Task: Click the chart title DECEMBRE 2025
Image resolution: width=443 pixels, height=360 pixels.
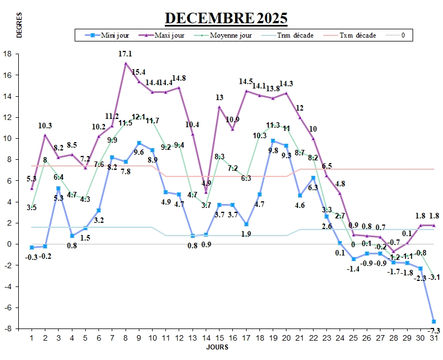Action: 226,18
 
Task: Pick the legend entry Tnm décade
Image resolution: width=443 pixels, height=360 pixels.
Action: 295,35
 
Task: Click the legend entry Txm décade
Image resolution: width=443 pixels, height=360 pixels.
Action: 357,35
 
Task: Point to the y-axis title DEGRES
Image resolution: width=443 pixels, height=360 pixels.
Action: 19,25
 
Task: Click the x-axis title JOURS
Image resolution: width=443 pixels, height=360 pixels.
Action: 217,347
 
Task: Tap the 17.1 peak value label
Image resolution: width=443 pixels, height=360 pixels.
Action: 125,54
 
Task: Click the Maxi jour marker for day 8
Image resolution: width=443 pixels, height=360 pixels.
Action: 126,63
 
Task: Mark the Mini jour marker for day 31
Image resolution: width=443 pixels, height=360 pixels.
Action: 434,321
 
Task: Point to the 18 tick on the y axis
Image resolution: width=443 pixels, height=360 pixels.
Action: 8,54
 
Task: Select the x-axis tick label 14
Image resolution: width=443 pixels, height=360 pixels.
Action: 206,337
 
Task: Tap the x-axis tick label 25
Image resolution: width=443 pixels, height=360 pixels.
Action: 353,337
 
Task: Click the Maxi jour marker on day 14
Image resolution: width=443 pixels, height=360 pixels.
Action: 206,192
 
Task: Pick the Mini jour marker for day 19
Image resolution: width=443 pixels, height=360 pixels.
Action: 273,140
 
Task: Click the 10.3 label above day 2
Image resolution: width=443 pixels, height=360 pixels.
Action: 45,126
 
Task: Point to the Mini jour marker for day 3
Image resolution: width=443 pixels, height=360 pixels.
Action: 59,188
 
